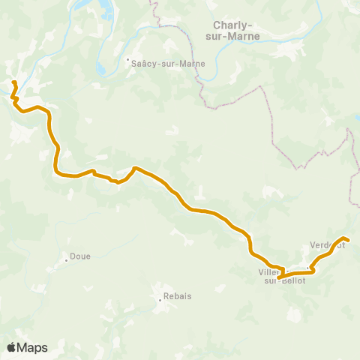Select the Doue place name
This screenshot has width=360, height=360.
tap(80, 256)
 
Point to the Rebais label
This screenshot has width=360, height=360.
tap(178, 296)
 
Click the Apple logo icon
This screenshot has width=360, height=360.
tap(11, 347)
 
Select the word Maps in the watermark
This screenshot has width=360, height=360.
tap(32, 347)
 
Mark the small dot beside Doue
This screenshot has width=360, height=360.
tap(67, 260)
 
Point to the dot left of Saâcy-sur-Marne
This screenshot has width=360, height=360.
tap(127, 60)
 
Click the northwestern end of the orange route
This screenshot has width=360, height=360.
tap(14, 81)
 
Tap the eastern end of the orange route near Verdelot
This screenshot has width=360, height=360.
tap(348, 240)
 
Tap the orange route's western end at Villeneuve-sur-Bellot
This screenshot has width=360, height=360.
tap(278, 277)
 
